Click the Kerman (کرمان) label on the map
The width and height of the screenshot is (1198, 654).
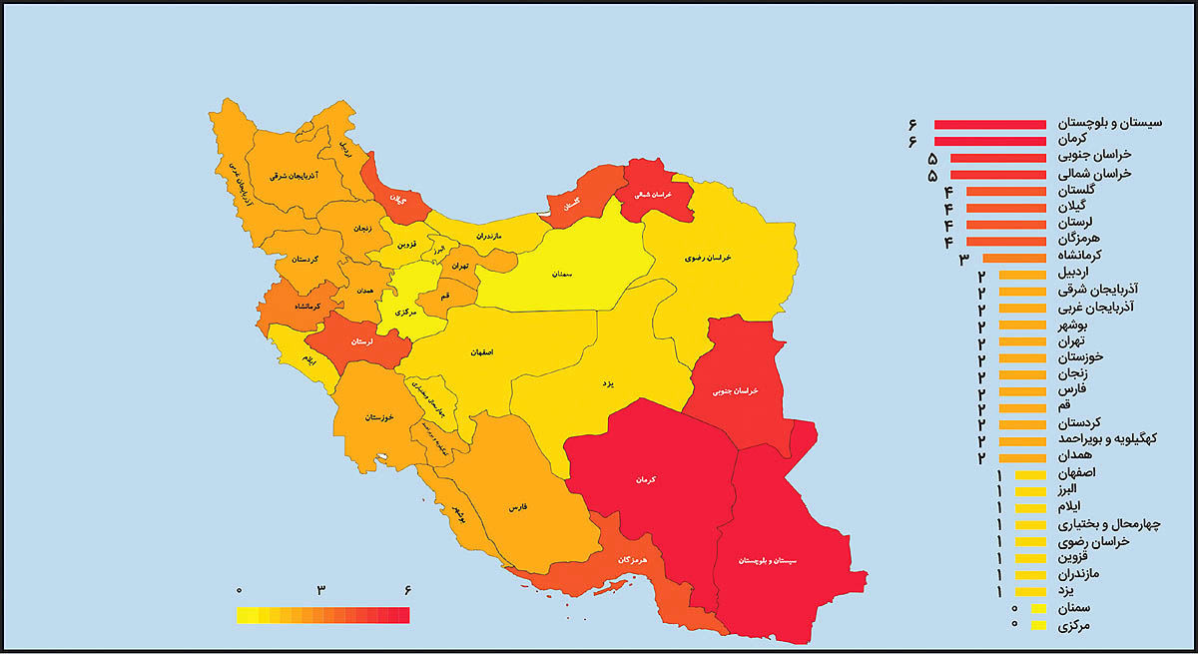pyautogui.click(x=643, y=480)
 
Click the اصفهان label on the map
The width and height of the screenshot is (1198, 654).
pyautogui.click(x=478, y=352)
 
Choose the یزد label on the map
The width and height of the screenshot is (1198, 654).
pyautogui.click(x=604, y=382)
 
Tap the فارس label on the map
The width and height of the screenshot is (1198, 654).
pyautogui.click(x=518, y=507)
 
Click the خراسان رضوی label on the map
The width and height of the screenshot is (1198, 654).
pyautogui.click(x=709, y=258)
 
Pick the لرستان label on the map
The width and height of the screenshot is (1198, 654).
pyautogui.click(x=361, y=340)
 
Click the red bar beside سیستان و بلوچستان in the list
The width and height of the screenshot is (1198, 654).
pyautogui.click(x=989, y=124)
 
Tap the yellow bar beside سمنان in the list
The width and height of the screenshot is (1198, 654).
pyautogui.click(x=1038, y=608)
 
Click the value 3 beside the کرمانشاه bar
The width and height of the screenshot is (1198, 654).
pyautogui.click(x=964, y=259)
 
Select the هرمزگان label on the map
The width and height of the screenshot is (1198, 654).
pyautogui.click(x=632, y=560)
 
